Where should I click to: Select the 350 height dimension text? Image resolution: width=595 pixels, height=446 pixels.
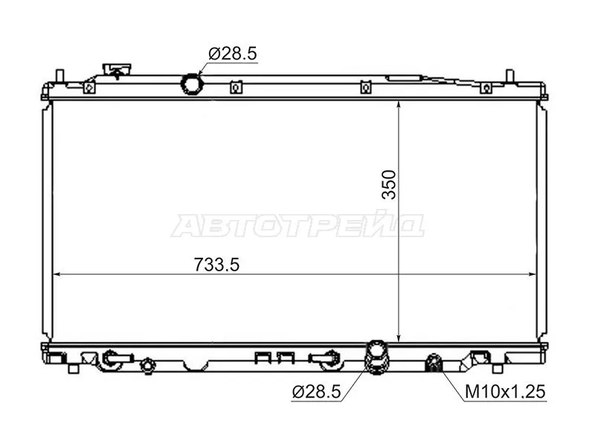pos(390,186)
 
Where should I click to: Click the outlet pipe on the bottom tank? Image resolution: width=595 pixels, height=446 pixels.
pos(378,355)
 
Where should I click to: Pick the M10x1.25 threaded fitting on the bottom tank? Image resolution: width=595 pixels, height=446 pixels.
pos(432,363)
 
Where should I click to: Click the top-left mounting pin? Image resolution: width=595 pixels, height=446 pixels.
pos(59,78)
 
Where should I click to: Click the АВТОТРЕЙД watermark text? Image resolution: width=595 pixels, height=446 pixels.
pos(297,226)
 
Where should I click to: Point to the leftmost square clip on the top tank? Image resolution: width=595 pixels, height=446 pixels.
pos(89,87)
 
